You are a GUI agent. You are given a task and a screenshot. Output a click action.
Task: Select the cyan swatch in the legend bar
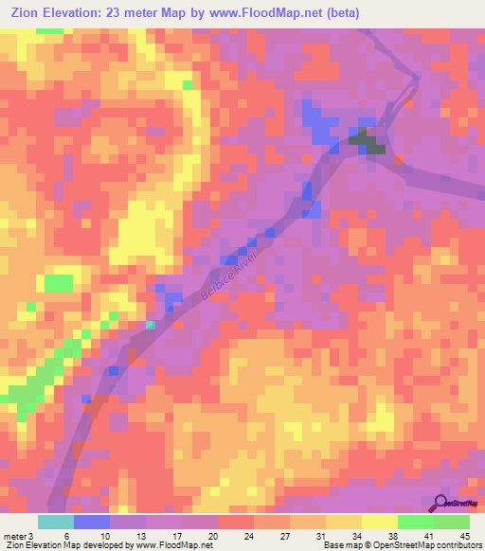[x=56, y=522]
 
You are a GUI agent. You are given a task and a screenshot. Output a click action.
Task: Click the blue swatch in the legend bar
[x=92, y=522]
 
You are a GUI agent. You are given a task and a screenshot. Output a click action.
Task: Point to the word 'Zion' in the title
[x=23, y=13]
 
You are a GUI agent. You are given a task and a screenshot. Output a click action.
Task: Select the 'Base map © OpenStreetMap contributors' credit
[x=401, y=545]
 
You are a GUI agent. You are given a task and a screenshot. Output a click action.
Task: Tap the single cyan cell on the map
[x=150, y=325]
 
